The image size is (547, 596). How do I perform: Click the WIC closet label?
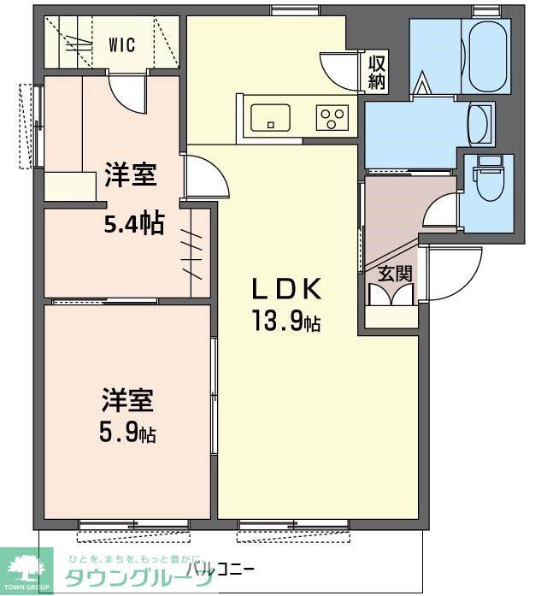[x=121, y=46]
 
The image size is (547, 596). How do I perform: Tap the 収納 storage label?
[x=377, y=73]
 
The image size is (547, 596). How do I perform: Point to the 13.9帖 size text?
[x=285, y=322]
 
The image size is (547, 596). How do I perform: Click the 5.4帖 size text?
[x=133, y=223]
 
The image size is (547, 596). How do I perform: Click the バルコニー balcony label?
[x=220, y=568]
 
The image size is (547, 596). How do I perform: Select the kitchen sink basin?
[x=270, y=116]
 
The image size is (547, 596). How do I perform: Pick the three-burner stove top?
[x=332, y=116]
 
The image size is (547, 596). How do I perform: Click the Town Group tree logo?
[x=29, y=567]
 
